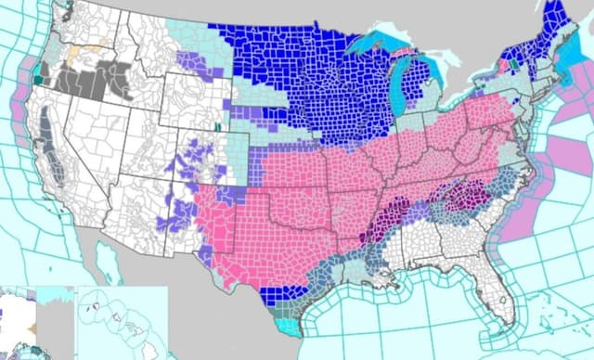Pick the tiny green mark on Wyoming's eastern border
tap(217, 126)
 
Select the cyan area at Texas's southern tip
tap(291, 327)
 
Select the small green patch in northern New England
tap(517, 65)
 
